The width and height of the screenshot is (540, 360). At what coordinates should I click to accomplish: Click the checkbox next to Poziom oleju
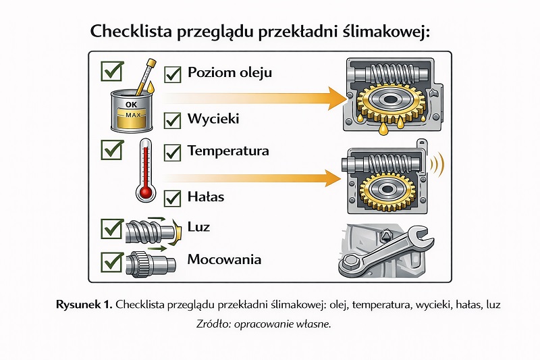click(173, 74)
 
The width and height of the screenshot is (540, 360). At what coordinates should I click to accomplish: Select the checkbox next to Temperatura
click(173, 151)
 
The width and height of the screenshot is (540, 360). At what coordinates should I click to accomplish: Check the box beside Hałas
click(173, 198)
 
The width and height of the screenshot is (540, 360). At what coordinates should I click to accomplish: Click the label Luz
click(199, 227)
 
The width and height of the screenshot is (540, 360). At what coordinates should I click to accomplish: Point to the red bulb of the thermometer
click(144, 192)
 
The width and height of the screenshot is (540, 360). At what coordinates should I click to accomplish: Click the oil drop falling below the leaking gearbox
click(384, 126)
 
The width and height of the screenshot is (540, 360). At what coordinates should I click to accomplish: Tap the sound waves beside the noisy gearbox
click(439, 165)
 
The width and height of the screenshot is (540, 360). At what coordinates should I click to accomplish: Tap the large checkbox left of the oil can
click(111, 70)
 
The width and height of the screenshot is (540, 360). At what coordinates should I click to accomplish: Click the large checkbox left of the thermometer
click(111, 149)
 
